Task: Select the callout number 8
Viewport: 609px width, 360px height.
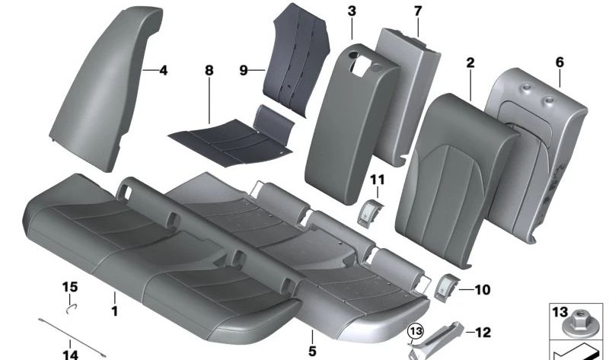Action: click(x=209, y=71)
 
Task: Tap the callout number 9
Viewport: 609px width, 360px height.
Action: click(x=244, y=71)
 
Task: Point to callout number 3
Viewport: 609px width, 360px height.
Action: click(x=351, y=11)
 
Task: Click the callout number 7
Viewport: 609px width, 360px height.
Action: click(x=417, y=11)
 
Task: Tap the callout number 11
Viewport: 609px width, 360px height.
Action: click(x=378, y=179)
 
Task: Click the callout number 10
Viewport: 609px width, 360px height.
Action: click(x=483, y=289)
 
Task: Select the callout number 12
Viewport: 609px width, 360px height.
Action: click(x=483, y=332)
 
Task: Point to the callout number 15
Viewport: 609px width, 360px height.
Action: click(x=70, y=286)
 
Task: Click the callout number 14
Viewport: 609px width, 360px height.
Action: click(x=70, y=353)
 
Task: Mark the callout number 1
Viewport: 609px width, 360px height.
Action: click(x=115, y=311)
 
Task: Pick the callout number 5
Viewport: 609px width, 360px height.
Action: click(x=312, y=352)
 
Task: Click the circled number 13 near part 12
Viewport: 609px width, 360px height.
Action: click(x=415, y=331)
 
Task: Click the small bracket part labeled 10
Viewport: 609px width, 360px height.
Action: click(x=445, y=287)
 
